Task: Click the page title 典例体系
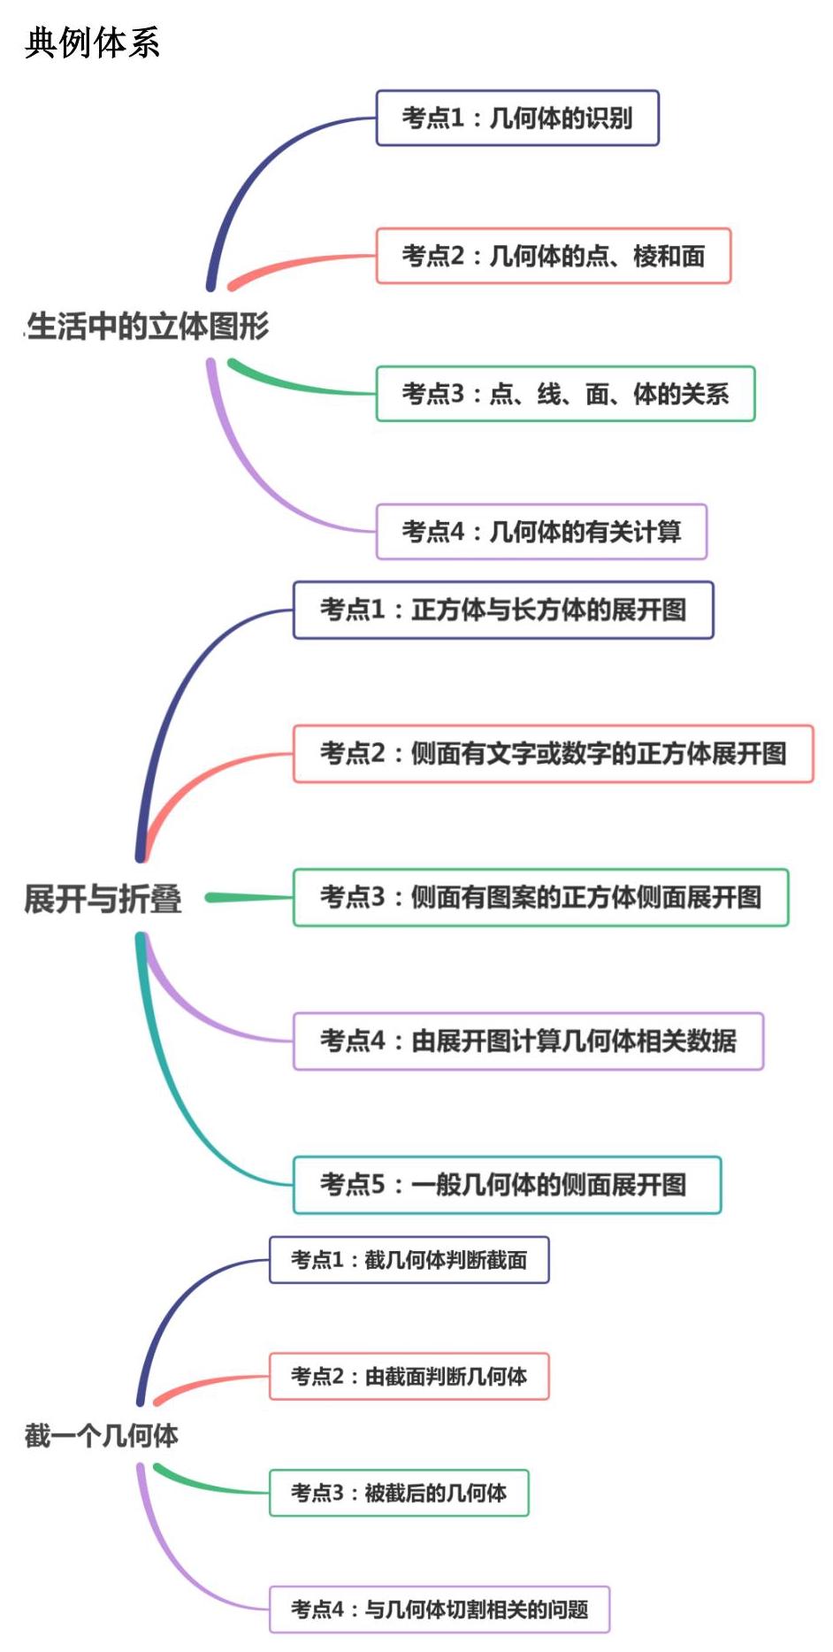pyautogui.click(x=92, y=42)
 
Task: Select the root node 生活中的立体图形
pyautogui.click(x=148, y=327)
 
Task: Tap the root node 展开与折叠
pyautogui.click(x=103, y=898)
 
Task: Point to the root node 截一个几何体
pyautogui.click(x=102, y=1435)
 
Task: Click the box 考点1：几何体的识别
pyautogui.click(x=517, y=118)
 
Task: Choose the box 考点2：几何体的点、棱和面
pyautogui.click(x=554, y=256)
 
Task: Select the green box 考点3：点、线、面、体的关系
pyautogui.click(x=565, y=394)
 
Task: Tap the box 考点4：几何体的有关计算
pyautogui.click(x=541, y=532)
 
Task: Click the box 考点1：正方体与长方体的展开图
pyautogui.click(x=503, y=610)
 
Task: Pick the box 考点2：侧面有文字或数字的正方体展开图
pyautogui.click(x=553, y=754)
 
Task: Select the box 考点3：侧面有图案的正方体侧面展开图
pyautogui.click(x=540, y=897)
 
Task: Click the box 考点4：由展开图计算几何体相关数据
pyautogui.click(x=528, y=1041)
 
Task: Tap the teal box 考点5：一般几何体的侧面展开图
pyautogui.click(x=507, y=1185)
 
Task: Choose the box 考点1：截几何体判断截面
pyautogui.click(x=409, y=1260)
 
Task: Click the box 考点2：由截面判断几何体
pyautogui.click(x=409, y=1377)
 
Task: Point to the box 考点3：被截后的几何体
pyautogui.click(x=399, y=1494)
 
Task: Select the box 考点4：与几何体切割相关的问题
pyautogui.click(x=439, y=1610)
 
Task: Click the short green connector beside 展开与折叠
pyautogui.click(x=248, y=897)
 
